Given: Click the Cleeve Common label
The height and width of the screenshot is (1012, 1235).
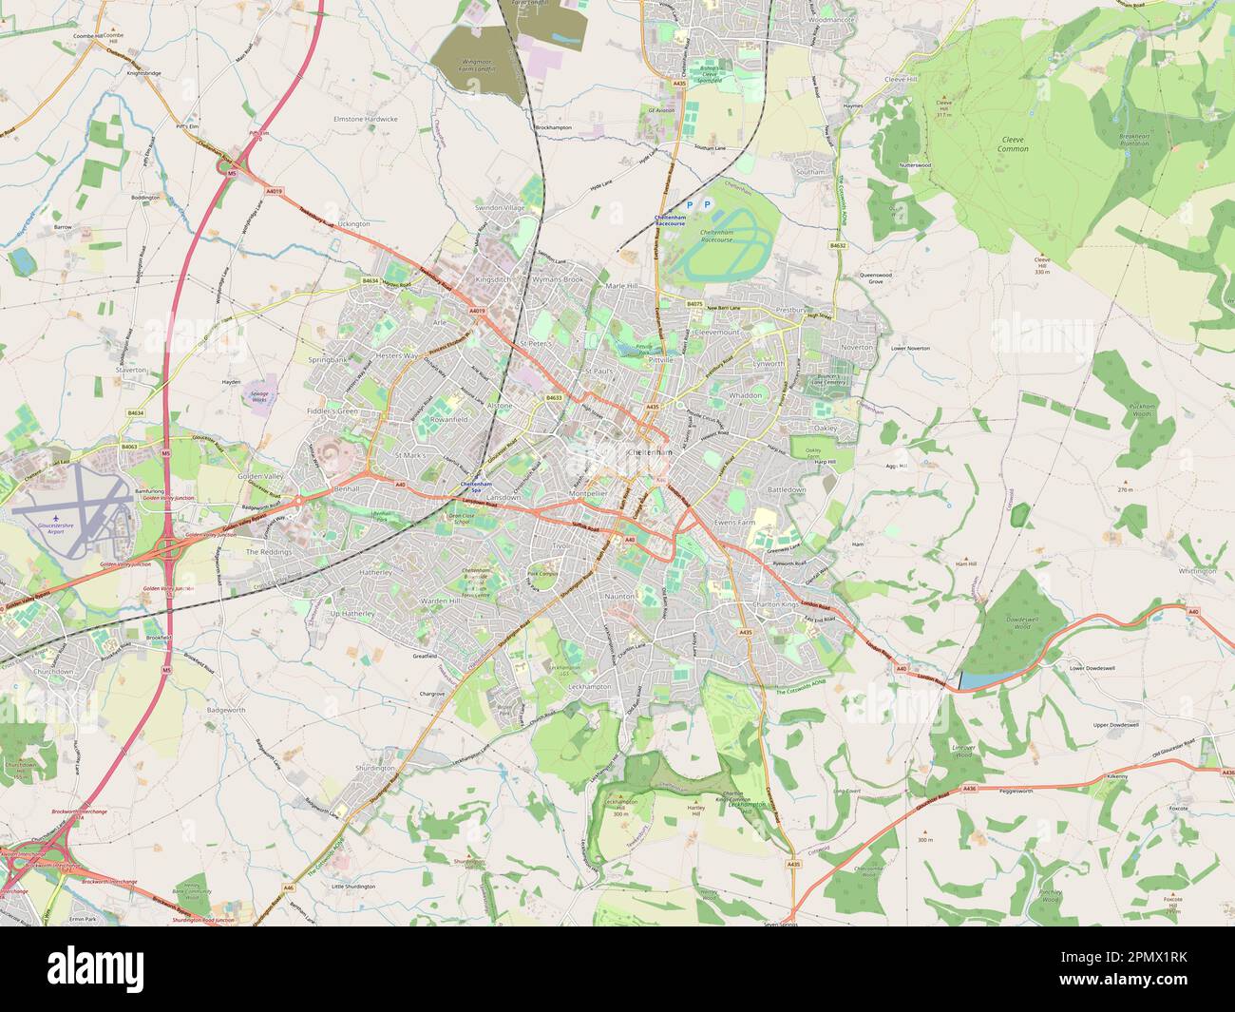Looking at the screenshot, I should [x=1014, y=144].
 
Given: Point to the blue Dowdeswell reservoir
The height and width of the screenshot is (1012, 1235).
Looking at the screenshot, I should [x=974, y=680].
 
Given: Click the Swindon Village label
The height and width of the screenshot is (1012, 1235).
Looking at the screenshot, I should [x=501, y=207].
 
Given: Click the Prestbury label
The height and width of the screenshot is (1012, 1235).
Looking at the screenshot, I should [x=791, y=310].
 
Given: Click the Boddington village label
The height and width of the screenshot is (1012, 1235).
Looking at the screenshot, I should [x=145, y=197].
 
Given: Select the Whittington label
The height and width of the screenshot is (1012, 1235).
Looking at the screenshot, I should [x=1196, y=571].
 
